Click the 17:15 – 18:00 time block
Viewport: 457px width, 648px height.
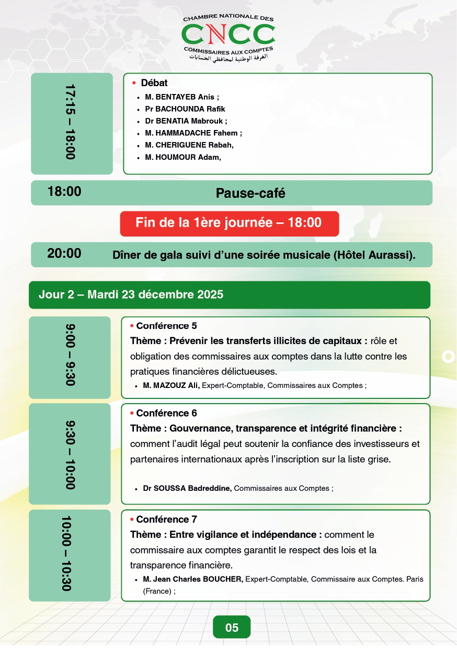click(x=71, y=123)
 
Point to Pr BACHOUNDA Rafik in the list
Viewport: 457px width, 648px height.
click(x=185, y=109)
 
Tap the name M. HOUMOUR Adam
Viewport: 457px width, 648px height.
click(x=180, y=157)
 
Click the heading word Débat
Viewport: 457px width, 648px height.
click(x=154, y=83)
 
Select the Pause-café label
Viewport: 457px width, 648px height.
click(x=250, y=193)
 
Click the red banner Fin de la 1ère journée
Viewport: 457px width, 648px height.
click(x=229, y=223)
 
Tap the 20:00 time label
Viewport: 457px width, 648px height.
click(x=64, y=254)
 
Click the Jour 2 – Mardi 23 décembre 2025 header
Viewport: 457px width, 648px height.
click(x=131, y=294)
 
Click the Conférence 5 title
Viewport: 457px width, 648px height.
click(x=166, y=326)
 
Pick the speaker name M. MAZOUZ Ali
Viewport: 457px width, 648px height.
click(x=171, y=385)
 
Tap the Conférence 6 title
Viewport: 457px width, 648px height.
click(x=166, y=413)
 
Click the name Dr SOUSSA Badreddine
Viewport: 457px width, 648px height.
click(x=187, y=488)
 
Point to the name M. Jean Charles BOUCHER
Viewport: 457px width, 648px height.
click(x=193, y=579)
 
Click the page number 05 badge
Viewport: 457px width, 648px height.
click(x=232, y=627)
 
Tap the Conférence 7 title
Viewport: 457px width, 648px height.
click(x=166, y=520)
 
